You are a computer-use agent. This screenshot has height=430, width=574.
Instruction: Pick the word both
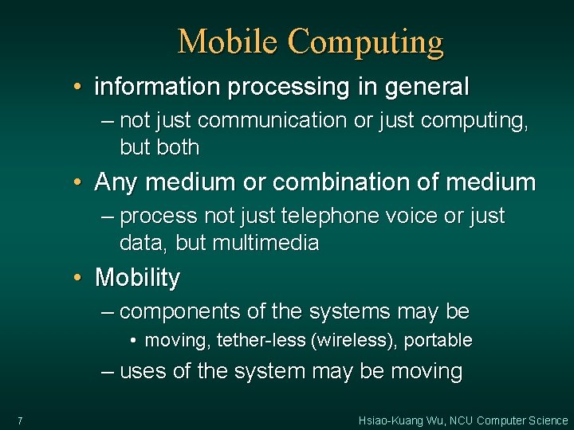(x=179, y=147)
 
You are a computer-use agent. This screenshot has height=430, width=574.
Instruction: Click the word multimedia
(x=266, y=243)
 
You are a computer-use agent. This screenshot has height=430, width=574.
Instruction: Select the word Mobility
(x=137, y=279)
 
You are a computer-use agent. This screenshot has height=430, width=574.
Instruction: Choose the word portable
(x=438, y=341)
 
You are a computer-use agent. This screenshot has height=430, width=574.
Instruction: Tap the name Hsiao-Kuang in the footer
(x=393, y=420)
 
